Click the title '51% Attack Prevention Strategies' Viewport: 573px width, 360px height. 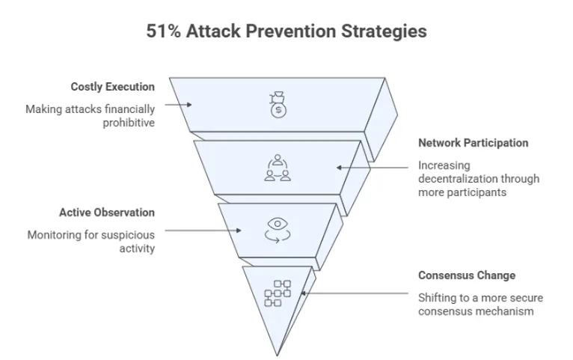pos(286,32)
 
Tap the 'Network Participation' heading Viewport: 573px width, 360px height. pos(473,143)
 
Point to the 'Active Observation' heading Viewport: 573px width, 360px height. pos(107,213)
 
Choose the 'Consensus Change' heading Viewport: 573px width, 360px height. pos(467,275)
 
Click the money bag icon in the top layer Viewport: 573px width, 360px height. pos(278,106)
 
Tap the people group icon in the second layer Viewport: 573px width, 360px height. pos(277,168)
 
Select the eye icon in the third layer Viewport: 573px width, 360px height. pos(277,228)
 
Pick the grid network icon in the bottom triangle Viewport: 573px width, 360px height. pos(277,293)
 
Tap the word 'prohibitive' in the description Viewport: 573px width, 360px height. pos(129,123)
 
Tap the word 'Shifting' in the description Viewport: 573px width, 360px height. pos(436,297)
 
